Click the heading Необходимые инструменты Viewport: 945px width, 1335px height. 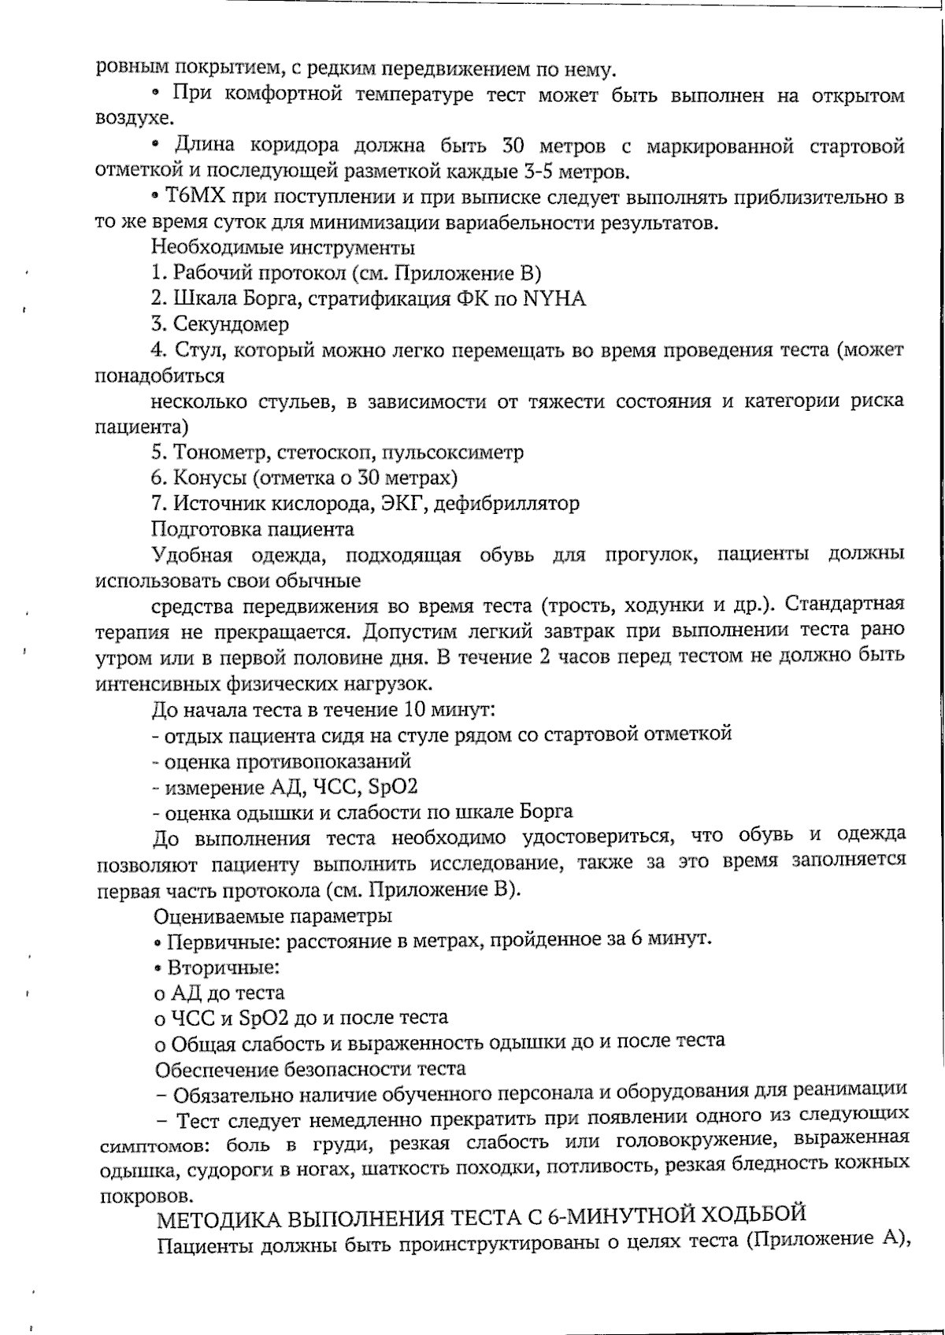tap(283, 248)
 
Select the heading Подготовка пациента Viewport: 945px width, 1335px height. tap(253, 528)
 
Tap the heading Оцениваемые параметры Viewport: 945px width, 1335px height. tap(273, 916)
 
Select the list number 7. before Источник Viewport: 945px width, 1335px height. tap(160, 503)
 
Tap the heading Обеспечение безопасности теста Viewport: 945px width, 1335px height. tap(310, 1069)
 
